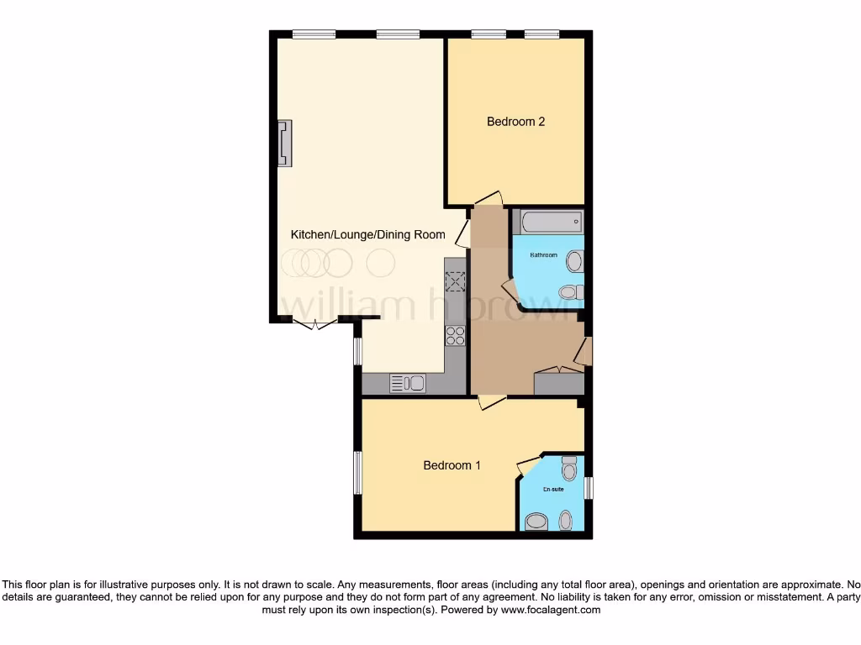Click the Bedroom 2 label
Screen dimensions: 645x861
(x=515, y=122)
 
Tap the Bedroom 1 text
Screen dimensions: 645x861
(x=452, y=465)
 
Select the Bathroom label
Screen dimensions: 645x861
(x=543, y=254)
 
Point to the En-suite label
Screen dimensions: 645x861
(x=552, y=489)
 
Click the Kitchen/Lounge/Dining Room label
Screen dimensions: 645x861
(x=367, y=235)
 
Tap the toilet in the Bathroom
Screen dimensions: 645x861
(x=570, y=293)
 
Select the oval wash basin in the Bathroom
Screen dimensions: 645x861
(x=574, y=261)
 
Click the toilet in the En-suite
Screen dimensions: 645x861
(x=569, y=466)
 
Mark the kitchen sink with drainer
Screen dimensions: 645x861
(x=408, y=383)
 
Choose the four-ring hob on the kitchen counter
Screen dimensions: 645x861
(x=455, y=335)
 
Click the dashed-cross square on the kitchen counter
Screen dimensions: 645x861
(x=455, y=281)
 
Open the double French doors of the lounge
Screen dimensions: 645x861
(x=315, y=324)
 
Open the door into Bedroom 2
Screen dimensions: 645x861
(x=488, y=199)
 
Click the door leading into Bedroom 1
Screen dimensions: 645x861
(x=491, y=402)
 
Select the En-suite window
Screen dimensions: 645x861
(x=589, y=488)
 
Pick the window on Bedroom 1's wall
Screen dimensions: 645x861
(x=357, y=473)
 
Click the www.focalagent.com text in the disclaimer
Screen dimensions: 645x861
(x=550, y=611)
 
